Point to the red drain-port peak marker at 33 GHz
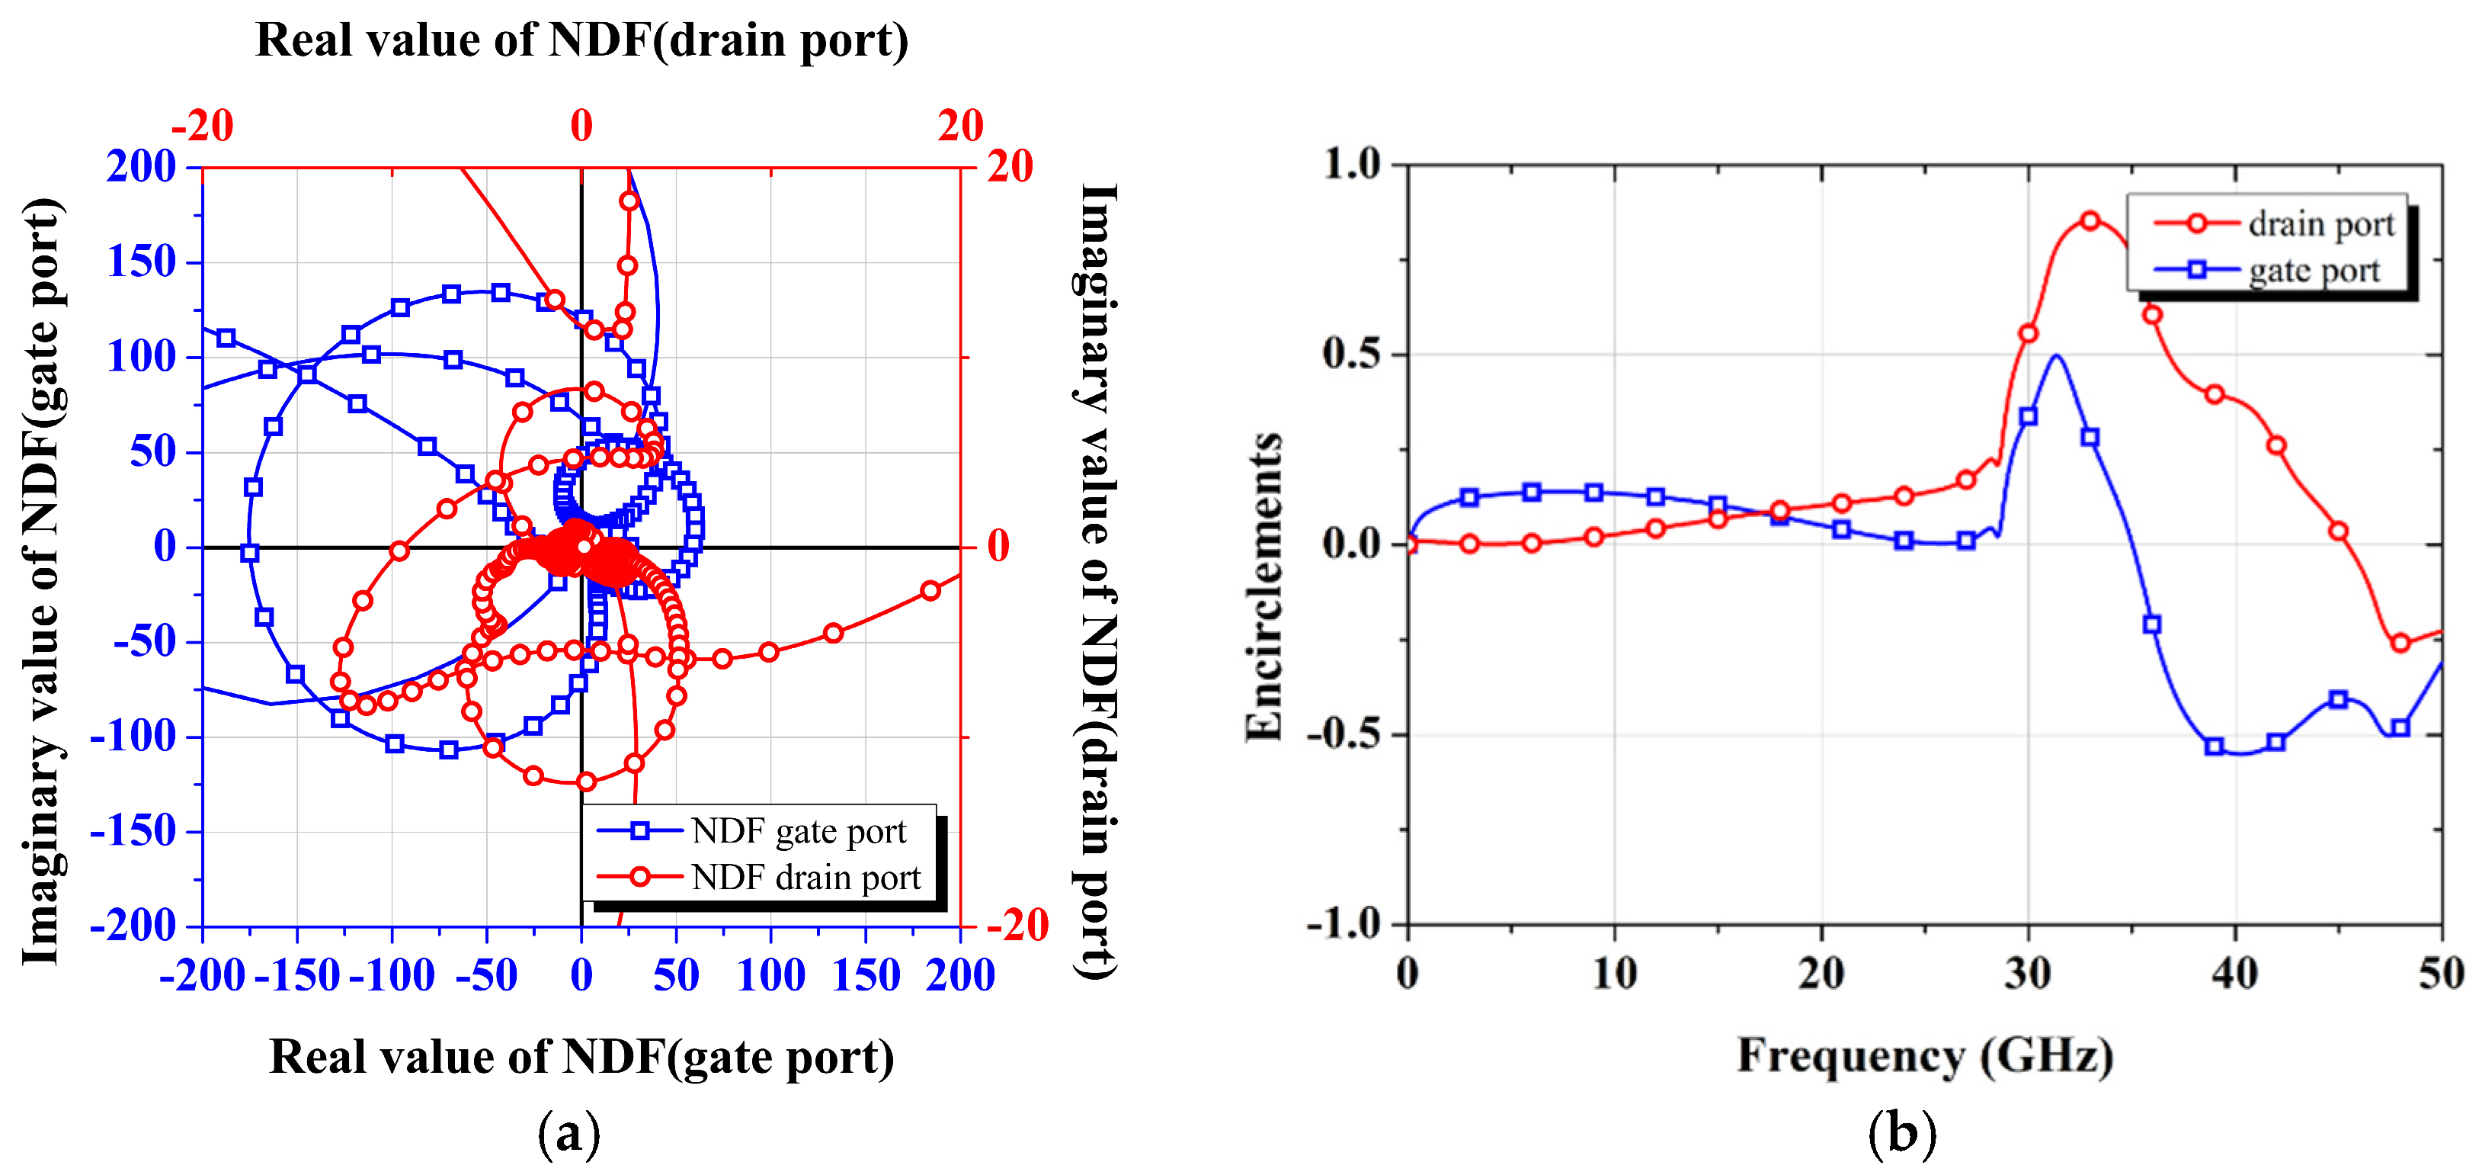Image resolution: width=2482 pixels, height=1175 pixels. click(2089, 220)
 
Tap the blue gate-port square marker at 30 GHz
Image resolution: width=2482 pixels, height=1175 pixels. click(2027, 416)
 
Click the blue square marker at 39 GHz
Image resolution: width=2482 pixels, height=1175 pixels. click(2215, 746)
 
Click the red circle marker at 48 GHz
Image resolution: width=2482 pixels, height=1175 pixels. click(2400, 643)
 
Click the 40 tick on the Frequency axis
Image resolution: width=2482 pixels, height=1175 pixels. click(2234, 974)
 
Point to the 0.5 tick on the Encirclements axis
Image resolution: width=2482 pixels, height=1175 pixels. click(1351, 354)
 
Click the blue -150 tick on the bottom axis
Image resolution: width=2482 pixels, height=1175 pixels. click(296, 975)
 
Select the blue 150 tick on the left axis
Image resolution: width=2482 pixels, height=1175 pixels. click(142, 262)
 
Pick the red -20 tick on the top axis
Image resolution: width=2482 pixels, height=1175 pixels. click(203, 125)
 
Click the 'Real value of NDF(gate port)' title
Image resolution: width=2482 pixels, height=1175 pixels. click(581, 1057)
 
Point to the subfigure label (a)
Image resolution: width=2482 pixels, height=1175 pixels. click(568, 1132)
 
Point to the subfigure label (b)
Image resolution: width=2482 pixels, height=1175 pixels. click(1901, 1132)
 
